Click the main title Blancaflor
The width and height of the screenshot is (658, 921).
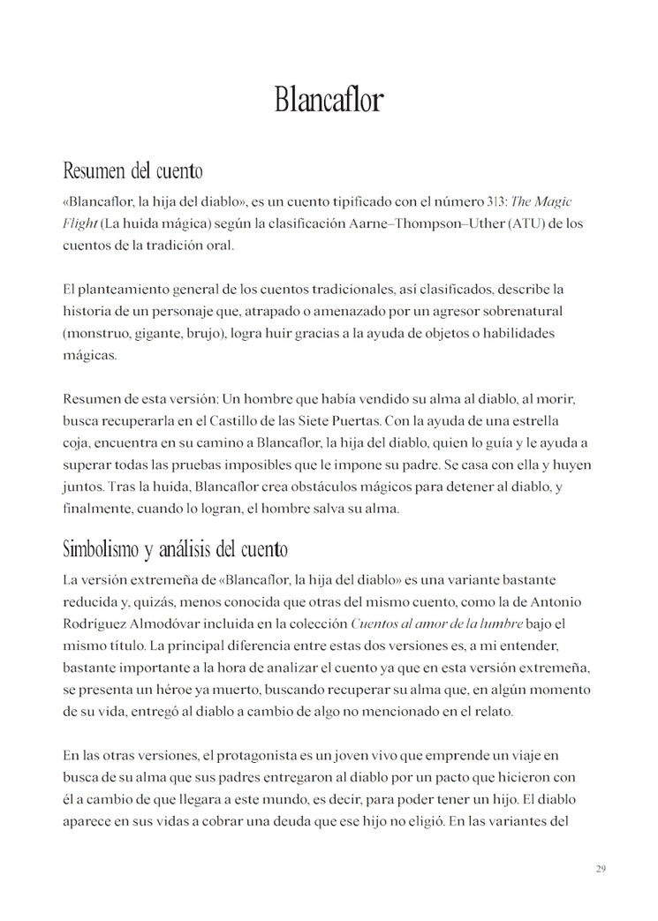[x=329, y=100]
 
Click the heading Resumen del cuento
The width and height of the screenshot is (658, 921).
[x=132, y=170]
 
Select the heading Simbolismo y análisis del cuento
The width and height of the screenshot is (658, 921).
[x=175, y=549]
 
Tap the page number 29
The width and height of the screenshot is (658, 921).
[x=601, y=870]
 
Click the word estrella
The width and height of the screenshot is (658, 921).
[x=533, y=421]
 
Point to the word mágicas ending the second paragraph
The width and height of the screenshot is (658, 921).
[x=89, y=355]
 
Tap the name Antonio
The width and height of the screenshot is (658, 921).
[x=556, y=601]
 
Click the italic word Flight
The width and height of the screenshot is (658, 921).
[x=79, y=223]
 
